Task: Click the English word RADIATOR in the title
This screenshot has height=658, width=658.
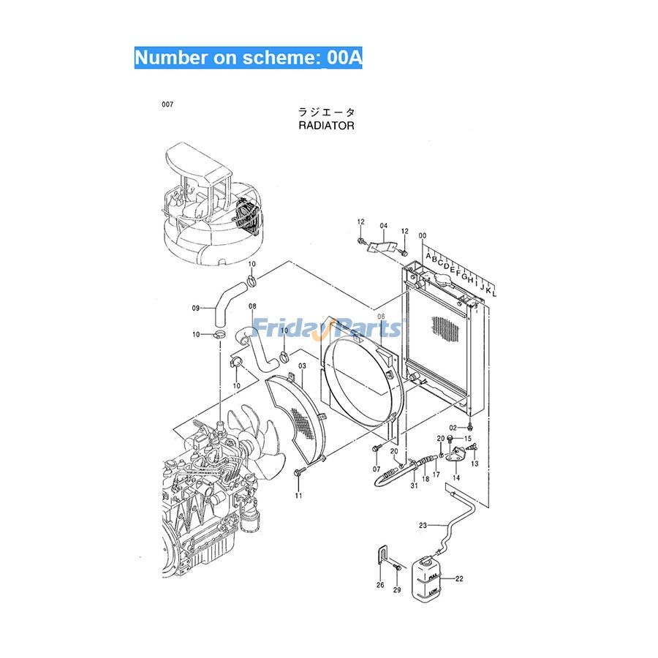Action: [326, 126]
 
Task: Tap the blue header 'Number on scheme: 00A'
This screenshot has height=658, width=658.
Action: [248, 58]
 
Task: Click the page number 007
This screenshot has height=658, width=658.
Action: [168, 105]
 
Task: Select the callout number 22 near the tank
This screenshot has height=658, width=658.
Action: [459, 579]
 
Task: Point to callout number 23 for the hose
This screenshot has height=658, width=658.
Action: [423, 525]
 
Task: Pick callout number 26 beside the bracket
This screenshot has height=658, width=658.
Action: [379, 585]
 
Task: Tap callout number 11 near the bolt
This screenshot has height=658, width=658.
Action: [298, 496]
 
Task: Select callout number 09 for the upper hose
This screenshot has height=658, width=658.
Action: [196, 308]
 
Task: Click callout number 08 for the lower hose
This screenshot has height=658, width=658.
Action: [252, 306]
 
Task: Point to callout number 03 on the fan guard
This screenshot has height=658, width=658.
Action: [301, 364]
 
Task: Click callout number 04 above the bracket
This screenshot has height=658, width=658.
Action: [384, 226]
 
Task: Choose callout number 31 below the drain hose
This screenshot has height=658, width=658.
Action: [413, 487]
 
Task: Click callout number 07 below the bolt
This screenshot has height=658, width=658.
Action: [377, 469]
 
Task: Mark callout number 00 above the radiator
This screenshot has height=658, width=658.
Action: [422, 235]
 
